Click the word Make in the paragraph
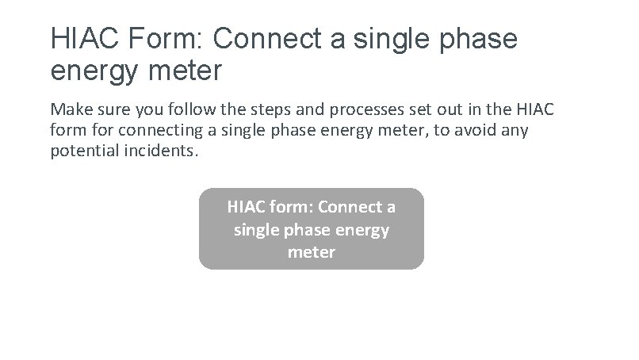click(69, 109)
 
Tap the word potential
click(83, 150)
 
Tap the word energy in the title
click(94, 71)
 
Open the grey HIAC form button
click(312, 228)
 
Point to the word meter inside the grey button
click(312, 252)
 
